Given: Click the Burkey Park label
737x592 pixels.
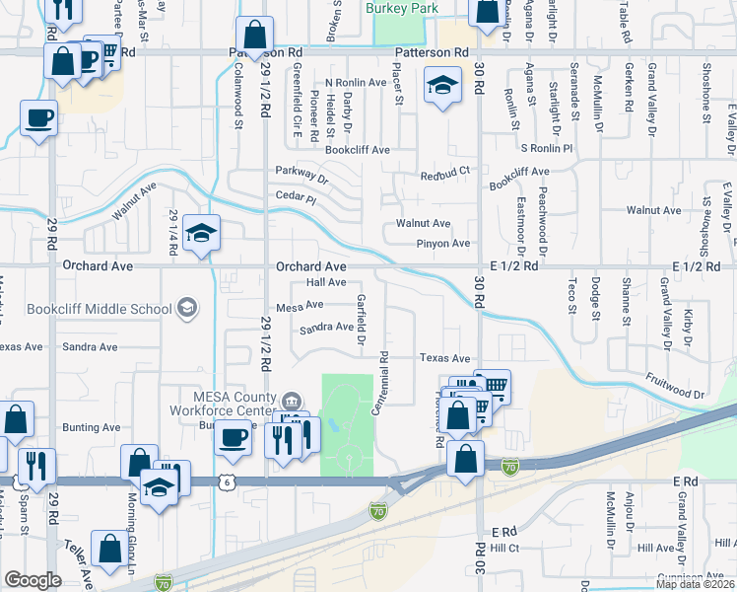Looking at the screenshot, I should coord(399,8).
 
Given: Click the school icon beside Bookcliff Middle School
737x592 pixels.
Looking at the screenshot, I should coord(185,309).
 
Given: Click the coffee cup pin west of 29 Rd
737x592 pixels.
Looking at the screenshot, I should coord(38,119).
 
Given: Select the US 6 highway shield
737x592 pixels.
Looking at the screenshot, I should coord(228,481).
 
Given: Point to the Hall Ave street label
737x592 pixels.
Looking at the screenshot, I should coord(326,282).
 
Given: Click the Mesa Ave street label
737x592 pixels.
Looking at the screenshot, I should coord(300,307).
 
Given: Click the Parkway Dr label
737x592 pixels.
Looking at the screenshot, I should coord(301,174).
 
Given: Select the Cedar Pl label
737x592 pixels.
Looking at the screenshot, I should coord(297,198).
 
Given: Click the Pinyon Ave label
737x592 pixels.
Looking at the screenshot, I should coord(443,243).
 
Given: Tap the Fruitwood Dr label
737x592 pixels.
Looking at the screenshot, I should coord(676,385).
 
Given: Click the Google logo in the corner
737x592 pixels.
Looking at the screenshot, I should coord(33,580).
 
